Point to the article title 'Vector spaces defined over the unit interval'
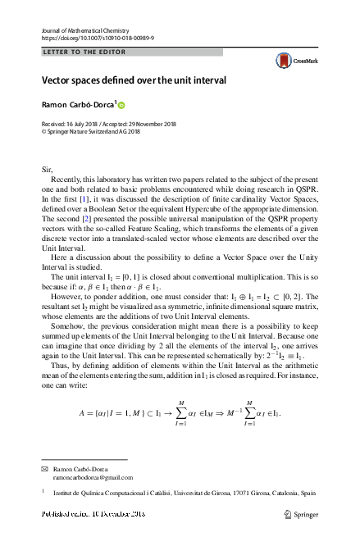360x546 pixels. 134,81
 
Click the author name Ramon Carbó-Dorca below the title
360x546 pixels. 79,105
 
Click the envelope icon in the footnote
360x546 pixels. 44,468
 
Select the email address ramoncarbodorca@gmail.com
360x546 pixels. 93,476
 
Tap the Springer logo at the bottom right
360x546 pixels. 300,514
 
